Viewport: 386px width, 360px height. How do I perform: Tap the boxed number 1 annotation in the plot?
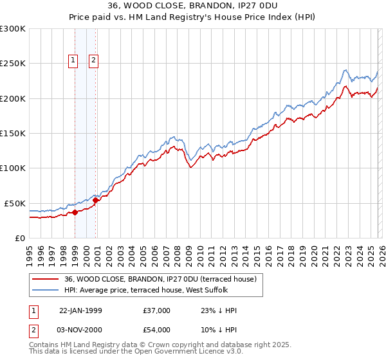point(73,60)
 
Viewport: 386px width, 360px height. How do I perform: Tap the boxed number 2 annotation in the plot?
point(94,60)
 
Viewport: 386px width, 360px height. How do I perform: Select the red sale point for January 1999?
point(75,212)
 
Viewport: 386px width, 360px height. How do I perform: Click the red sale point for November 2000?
point(95,200)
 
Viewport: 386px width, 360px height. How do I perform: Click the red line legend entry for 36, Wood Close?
point(161,279)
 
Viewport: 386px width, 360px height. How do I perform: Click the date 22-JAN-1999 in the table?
point(80,310)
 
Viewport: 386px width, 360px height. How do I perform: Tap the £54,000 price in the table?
point(157,330)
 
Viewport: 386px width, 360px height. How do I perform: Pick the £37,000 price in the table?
point(157,310)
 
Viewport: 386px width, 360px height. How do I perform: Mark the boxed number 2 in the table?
point(33,330)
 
